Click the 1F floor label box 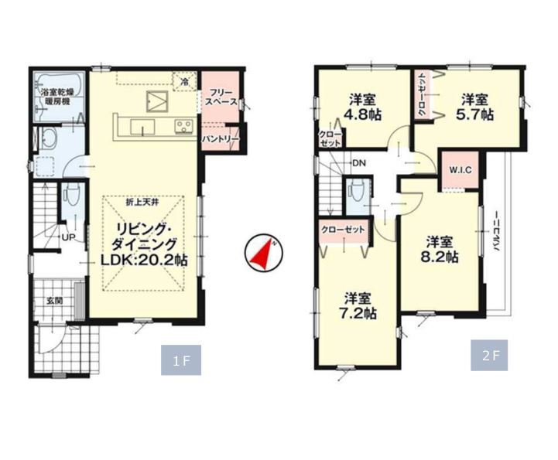point(181,359)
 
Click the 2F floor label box point(489,356)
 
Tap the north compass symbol point(264,254)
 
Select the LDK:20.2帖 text point(144,261)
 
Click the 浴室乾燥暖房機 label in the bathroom point(57,97)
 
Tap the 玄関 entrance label point(54,301)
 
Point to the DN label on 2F point(359,164)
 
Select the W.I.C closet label point(460,170)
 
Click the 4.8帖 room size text point(362,114)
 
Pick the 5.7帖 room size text point(474,114)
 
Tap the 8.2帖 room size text point(440,257)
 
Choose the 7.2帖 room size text point(358,313)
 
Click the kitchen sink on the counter point(142,127)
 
